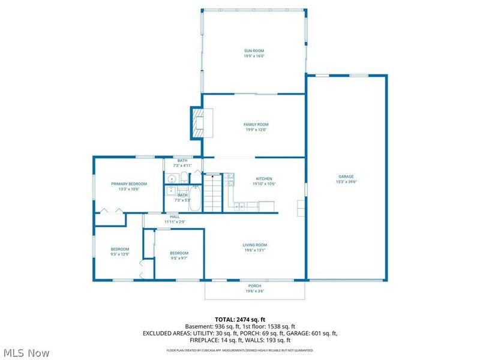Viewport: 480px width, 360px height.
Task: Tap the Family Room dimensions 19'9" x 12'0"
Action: pyautogui.click(x=256, y=130)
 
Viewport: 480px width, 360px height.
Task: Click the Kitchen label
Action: pyautogui.click(x=265, y=179)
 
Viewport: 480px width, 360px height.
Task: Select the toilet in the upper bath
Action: pyautogui.click(x=183, y=178)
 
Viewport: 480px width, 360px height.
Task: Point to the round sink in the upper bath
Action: pyautogui.click(x=171, y=178)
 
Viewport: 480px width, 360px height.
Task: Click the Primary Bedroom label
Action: pyautogui.click(x=129, y=184)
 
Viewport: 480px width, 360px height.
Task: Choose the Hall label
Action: pyautogui.click(x=175, y=217)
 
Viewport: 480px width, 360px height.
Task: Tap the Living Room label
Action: pyautogui.click(x=254, y=245)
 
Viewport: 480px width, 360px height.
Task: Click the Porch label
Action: pyautogui.click(x=255, y=286)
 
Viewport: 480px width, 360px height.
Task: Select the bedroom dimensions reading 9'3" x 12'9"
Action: pyautogui.click(x=119, y=254)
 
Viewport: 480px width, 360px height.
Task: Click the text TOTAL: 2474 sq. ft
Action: pyautogui.click(x=239, y=319)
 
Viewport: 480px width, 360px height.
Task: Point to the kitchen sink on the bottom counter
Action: pyautogui.click(x=239, y=206)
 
